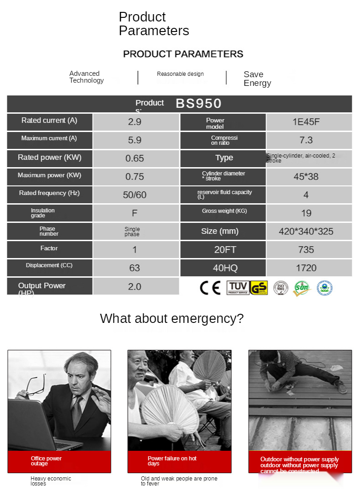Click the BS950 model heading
click(x=198, y=103)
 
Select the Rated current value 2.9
click(x=135, y=122)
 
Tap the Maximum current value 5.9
click(x=135, y=140)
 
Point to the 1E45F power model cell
click(x=306, y=122)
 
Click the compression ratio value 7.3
click(x=306, y=140)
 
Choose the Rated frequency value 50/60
click(x=135, y=195)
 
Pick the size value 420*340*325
click(x=306, y=232)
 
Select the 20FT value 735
click(x=306, y=250)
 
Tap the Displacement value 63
click(x=135, y=268)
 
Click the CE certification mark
click(x=210, y=288)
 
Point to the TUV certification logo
click(x=238, y=288)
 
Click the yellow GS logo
click(x=259, y=288)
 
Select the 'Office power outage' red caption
click(x=46, y=461)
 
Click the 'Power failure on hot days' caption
click(x=172, y=461)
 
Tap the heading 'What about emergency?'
click(x=172, y=318)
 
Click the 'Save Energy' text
click(x=257, y=79)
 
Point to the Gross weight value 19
click(x=306, y=213)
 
